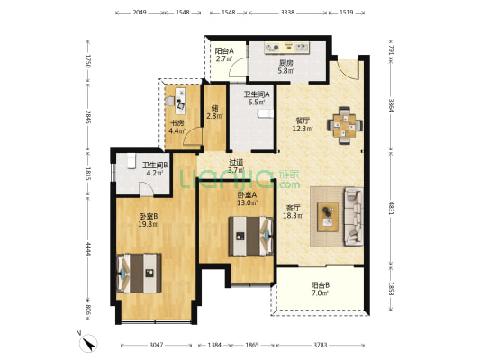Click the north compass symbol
(x=88, y=343)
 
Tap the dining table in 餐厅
(x=345, y=125)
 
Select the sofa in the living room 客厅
(x=354, y=217)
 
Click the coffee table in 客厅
(x=328, y=217)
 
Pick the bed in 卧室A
(x=251, y=236)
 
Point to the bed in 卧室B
(x=139, y=273)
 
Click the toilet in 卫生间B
(x=131, y=161)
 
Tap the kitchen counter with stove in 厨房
(x=287, y=48)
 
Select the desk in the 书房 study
(x=181, y=99)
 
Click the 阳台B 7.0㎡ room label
(x=321, y=289)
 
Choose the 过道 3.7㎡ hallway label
(x=236, y=166)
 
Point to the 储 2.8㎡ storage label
(x=214, y=112)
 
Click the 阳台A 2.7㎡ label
(x=224, y=54)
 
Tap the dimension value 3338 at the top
(x=287, y=13)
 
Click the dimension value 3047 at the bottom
(x=157, y=345)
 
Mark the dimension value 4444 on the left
(x=88, y=249)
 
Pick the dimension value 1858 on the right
(x=391, y=289)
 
